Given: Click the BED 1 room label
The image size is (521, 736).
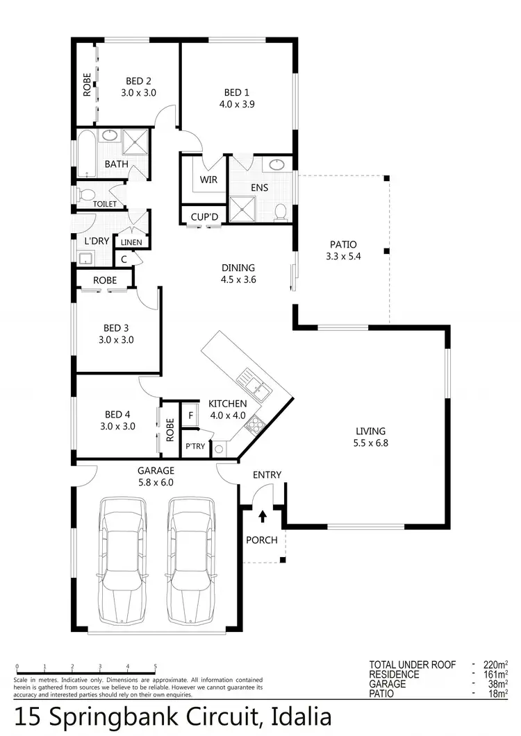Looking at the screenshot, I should pos(233,92).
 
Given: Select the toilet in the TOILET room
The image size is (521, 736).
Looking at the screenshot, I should pos(85,194).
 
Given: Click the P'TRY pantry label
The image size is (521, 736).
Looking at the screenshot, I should pos(195,446).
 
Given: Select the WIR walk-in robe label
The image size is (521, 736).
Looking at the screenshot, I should pos(208,180).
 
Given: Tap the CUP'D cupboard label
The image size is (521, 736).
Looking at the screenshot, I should pos(204,217).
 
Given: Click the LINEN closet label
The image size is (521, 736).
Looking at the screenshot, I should pos(131,242).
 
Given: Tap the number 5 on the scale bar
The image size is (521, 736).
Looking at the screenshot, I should pos(155,666).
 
